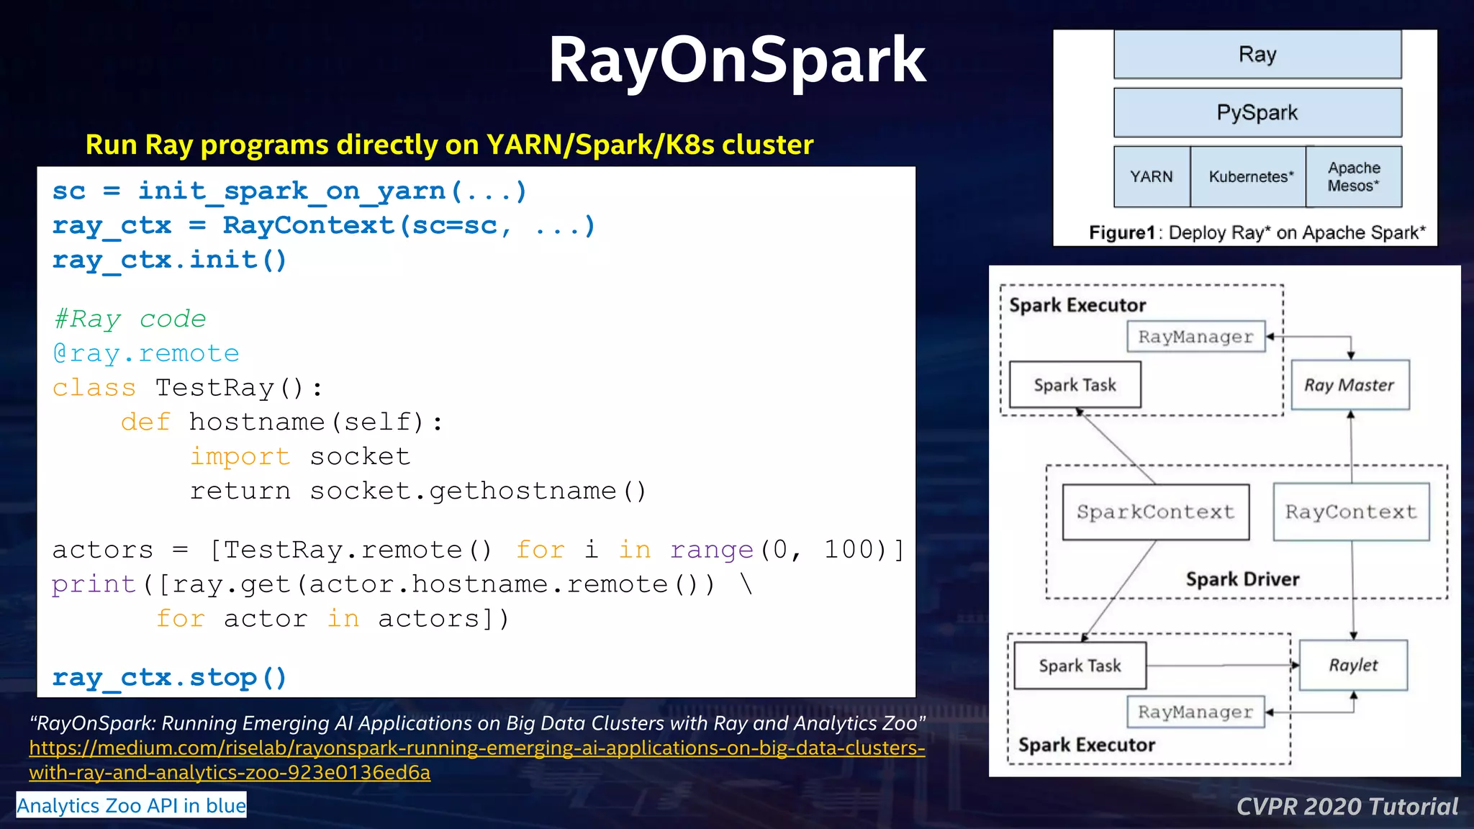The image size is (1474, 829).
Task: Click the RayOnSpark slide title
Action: [x=736, y=60]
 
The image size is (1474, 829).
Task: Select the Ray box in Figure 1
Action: [x=1257, y=55]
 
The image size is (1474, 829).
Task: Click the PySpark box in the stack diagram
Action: [x=1257, y=113]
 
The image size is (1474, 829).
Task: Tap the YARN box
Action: [x=1151, y=177]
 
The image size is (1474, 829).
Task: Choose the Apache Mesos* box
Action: [x=1354, y=177]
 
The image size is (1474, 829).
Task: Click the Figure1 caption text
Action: [x=1257, y=233]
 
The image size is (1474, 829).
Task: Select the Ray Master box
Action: [x=1349, y=386]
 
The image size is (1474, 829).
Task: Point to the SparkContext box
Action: [x=1155, y=512]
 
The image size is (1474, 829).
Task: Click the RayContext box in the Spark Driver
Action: [x=1351, y=512]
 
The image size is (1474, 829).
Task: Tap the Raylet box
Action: [x=1353, y=666]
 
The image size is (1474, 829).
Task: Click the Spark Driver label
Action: [x=1242, y=579]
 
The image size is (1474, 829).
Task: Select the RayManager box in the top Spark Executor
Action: [x=1195, y=337]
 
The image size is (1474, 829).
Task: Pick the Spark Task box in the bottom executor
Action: [x=1080, y=666]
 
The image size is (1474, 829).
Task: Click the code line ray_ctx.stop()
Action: [x=170, y=678]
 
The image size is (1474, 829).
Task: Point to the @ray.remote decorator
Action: [x=145, y=353]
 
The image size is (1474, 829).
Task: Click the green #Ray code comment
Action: [x=130, y=319]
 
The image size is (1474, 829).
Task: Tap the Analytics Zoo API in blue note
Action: [x=131, y=805]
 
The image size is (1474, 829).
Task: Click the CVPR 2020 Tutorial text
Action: [x=1347, y=807]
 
